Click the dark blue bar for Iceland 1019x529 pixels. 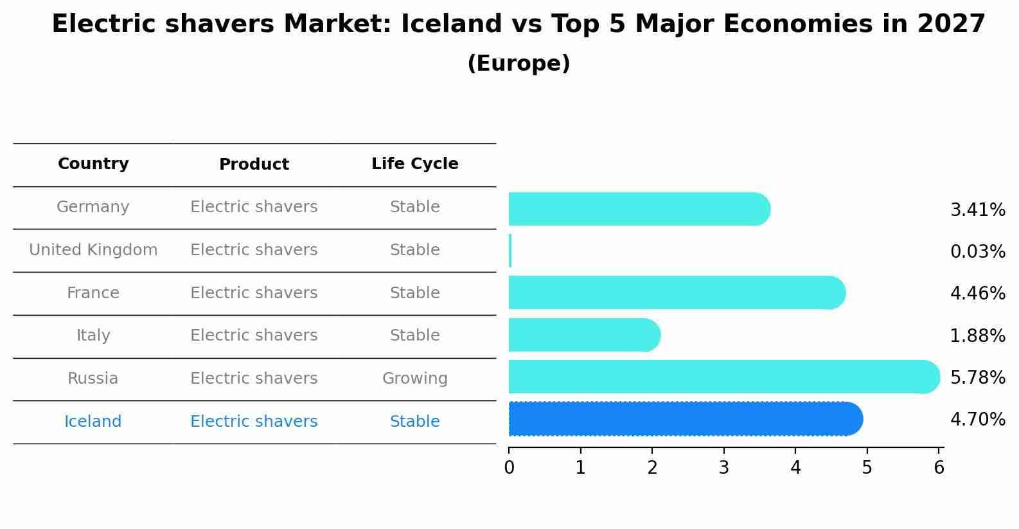tap(684, 419)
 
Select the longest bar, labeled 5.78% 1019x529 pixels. tap(723, 377)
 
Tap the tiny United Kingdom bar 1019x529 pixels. tap(510, 251)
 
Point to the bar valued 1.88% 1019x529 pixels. tap(583, 335)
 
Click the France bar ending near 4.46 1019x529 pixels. tap(676, 292)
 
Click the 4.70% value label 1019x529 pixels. tap(977, 420)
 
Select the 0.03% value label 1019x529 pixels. tap(977, 251)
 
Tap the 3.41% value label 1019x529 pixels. tap(977, 210)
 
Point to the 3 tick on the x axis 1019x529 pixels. tap(724, 467)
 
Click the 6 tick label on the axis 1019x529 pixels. tap(939, 467)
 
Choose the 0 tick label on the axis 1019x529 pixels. tap(509, 467)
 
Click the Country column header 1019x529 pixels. tap(93, 164)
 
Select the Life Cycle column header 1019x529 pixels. tap(414, 164)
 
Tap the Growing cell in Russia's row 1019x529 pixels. tap(414, 379)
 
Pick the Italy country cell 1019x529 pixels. tap(93, 336)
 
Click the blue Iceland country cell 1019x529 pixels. tap(93, 422)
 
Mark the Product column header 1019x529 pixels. tap(254, 165)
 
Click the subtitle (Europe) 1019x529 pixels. tap(518, 64)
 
